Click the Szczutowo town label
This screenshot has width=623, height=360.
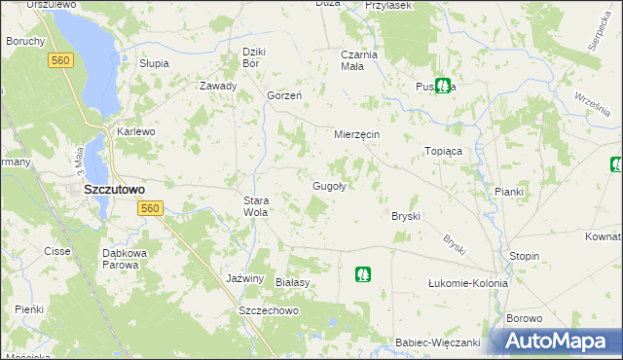(x=114, y=190)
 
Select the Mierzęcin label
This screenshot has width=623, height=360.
(x=356, y=133)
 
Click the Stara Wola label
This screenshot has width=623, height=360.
(x=255, y=205)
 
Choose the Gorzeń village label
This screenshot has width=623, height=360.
(x=284, y=95)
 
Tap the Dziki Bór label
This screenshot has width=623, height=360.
(x=254, y=57)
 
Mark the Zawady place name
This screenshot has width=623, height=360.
(x=218, y=86)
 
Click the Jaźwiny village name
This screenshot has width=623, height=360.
(x=244, y=278)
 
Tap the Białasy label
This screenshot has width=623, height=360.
(x=292, y=282)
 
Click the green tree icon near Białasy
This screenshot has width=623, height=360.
(x=362, y=274)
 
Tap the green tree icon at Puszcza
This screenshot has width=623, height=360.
(x=443, y=86)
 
